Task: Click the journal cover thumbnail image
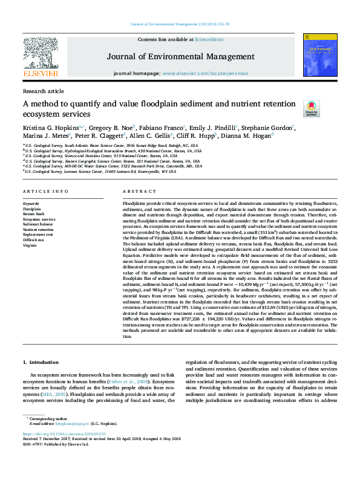pyautogui.click(x=318, y=56)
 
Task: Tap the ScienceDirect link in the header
pyautogui.click(x=210, y=39)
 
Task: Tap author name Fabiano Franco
pyautogui.click(x=163, y=128)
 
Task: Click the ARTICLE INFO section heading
pyautogui.click(x=45, y=191)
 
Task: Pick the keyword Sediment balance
pyautogui.click(x=38, y=224)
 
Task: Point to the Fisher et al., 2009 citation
pyautogui.click(x=137, y=382)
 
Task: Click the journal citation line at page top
pyautogui.click(x=180, y=25)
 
